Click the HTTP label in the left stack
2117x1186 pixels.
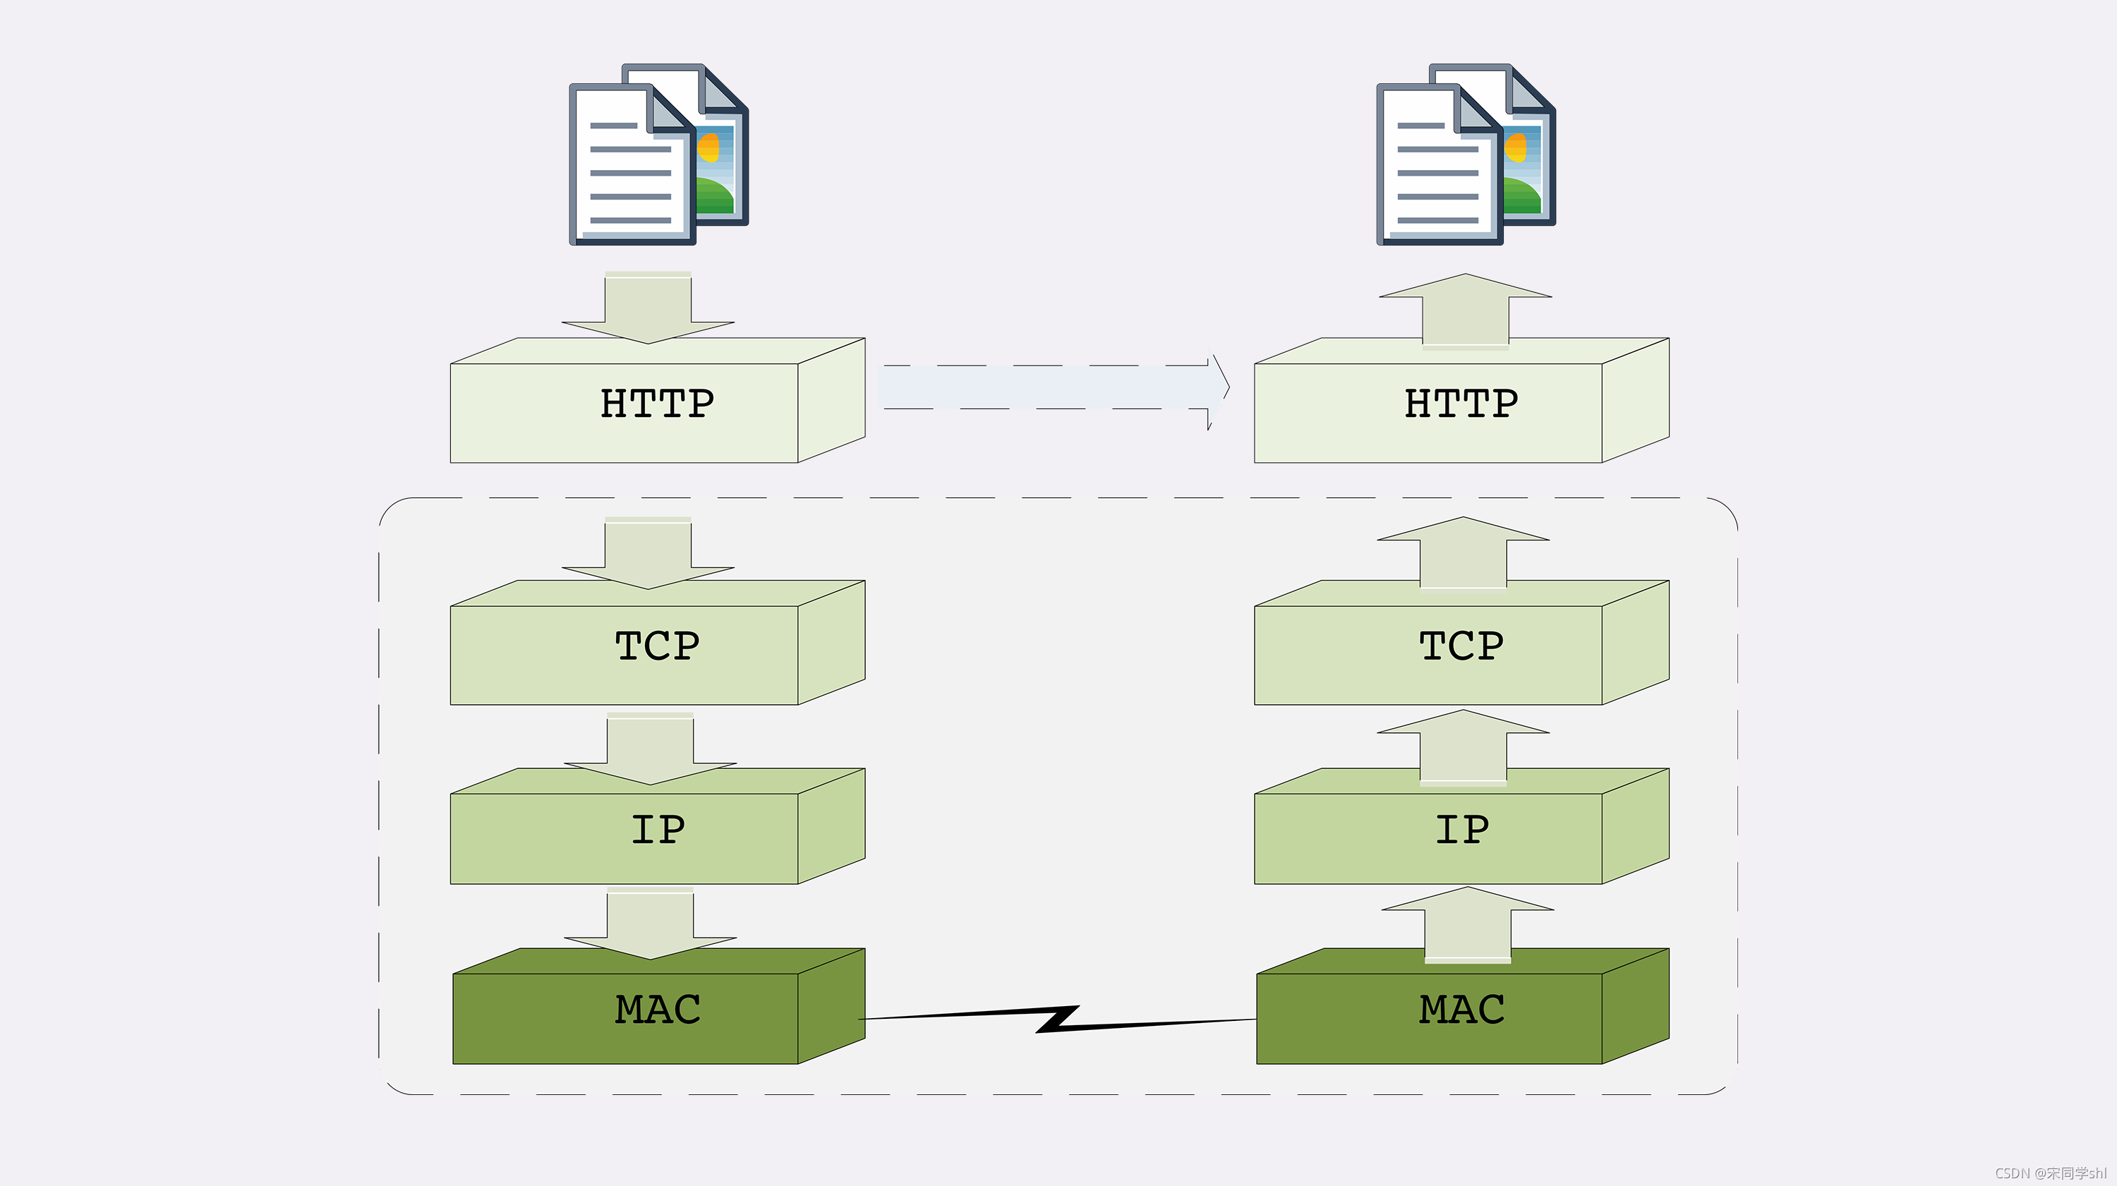pos(657,404)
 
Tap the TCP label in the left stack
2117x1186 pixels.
pos(657,646)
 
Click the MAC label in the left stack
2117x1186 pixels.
pos(657,1010)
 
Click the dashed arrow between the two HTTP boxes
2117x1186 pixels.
pos(1052,387)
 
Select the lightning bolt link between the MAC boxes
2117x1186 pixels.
pos(1058,1019)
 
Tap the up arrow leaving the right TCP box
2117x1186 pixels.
pos(1463,552)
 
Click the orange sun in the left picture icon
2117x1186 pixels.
pos(708,148)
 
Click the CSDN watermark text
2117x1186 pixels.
pos(2050,1173)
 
